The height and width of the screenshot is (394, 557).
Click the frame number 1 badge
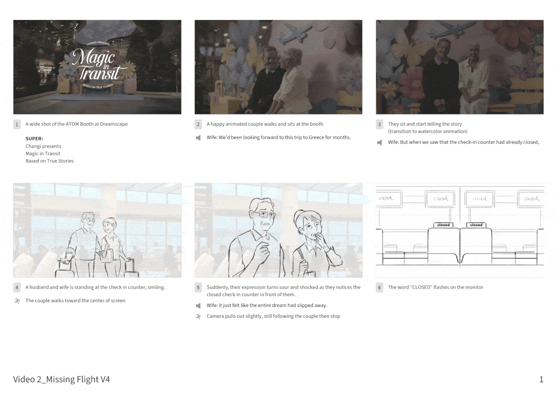(17, 124)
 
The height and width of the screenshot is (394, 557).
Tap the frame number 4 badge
(17, 287)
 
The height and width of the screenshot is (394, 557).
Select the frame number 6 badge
(379, 287)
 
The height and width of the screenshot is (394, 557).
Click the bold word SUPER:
(34, 139)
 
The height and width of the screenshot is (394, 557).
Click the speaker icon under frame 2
(198, 137)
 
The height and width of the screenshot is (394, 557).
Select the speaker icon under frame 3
(379, 143)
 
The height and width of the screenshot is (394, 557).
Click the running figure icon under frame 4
(17, 301)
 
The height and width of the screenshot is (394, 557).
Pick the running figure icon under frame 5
(198, 317)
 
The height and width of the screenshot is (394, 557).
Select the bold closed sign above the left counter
(443, 225)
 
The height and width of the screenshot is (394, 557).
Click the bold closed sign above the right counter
(476, 225)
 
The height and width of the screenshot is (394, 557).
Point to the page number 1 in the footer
(541, 379)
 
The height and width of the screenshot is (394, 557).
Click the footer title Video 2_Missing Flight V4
(61, 379)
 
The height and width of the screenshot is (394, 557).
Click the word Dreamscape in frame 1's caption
(114, 124)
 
